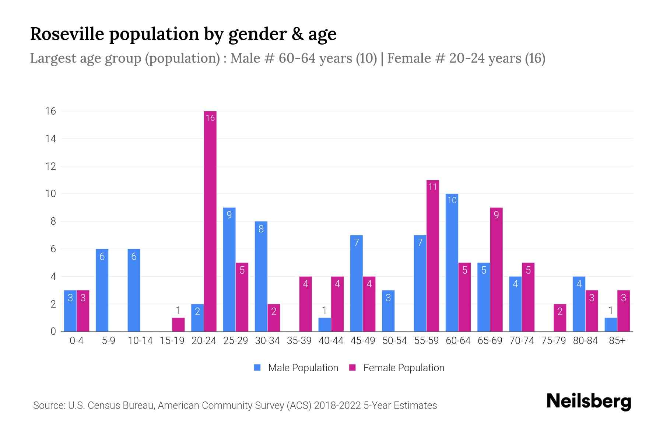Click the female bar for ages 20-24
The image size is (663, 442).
click(x=210, y=221)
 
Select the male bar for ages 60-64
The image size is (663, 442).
click(x=452, y=263)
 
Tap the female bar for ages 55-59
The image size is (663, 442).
click(x=433, y=256)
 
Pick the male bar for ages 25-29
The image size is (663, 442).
click(x=229, y=270)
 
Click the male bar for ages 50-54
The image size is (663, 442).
click(x=388, y=311)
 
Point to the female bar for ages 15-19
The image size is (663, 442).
click(x=178, y=325)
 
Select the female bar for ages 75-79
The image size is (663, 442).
click(x=560, y=318)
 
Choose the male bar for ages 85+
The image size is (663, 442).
click(x=611, y=325)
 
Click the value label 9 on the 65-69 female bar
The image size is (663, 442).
click(x=496, y=215)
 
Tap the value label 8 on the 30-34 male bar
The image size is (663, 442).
click(x=261, y=229)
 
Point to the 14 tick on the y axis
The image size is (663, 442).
click(x=51, y=139)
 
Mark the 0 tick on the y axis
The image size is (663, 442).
click(x=53, y=331)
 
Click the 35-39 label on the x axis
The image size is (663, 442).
click(x=299, y=341)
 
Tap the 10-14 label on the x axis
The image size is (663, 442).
click(x=140, y=341)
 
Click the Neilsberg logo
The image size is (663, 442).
click(x=589, y=401)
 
